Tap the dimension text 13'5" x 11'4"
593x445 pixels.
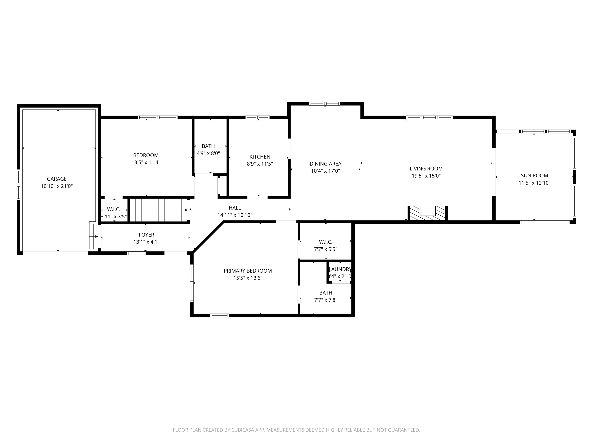[146, 162]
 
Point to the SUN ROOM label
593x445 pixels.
[534, 176]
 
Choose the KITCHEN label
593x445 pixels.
[260, 157]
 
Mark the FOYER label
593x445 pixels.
[146, 235]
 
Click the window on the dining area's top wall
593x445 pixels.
[325, 104]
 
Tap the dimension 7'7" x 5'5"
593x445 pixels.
[325, 249]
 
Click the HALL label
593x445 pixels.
[235, 208]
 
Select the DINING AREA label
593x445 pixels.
[325, 164]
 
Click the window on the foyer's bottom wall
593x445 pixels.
[136, 253]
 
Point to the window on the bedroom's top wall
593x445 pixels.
[158, 117]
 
